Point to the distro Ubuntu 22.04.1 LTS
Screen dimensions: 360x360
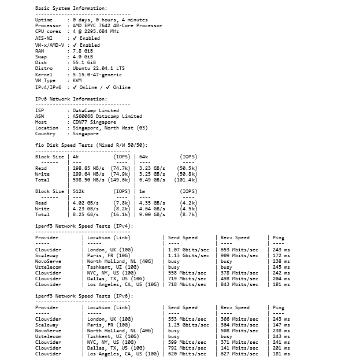click(x=98, y=68)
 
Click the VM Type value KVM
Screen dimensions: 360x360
click(x=78, y=81)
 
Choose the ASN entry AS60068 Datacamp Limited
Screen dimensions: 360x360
click(x=107, y=116)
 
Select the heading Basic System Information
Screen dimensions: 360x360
click(x=71, y=9)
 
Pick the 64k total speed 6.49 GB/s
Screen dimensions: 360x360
click(x=151, y=180)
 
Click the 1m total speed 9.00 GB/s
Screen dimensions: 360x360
click(x=151, y=214)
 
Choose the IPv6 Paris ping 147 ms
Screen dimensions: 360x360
click(x=281, y=325)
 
